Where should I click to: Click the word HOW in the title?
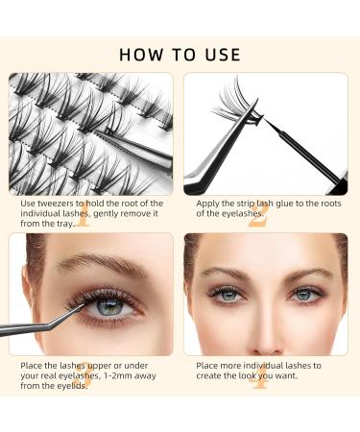[138, 54]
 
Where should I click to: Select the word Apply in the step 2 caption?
[208, 204]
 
